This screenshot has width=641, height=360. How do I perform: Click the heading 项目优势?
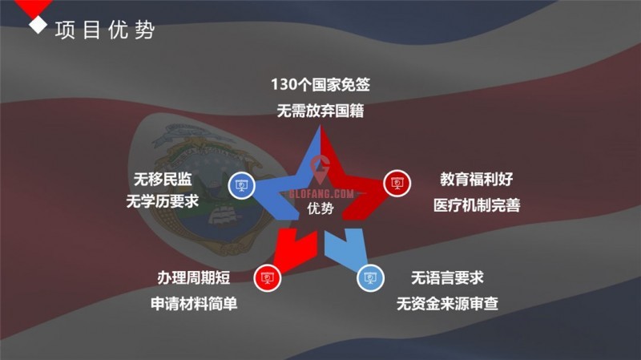tap(105, 30)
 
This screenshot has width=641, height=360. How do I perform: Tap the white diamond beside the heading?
tap(38, 25)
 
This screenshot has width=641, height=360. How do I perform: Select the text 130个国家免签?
tap(320, 85)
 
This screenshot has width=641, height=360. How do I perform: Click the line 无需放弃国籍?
tap(320, 111)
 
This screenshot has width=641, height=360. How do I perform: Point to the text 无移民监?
tap(163, 179)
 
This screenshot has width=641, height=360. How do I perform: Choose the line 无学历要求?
tap(163, 201)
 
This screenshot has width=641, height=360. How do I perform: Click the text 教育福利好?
tap(477, 179)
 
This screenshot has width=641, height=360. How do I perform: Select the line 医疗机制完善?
tap(477, 205)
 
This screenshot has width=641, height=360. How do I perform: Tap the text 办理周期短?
tap(194, 277)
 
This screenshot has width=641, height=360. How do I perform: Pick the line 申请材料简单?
tap(194, 304)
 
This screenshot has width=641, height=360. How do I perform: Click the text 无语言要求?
tap(447, 277)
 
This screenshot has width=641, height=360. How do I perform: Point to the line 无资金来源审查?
tap(447, 304)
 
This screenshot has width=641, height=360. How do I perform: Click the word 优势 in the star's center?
tap(320, 208)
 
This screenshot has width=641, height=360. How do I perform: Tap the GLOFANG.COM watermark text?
tap(321, 193)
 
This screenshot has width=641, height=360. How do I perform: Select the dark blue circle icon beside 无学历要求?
tap(242, 185)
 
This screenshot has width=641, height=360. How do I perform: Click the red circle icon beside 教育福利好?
tap(397, 183)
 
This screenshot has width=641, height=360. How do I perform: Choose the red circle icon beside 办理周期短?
tap(268, 278)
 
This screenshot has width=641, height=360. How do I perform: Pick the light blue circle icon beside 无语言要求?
tap(370, 278)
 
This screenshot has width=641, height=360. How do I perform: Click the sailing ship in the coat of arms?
tap(223, 213)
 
